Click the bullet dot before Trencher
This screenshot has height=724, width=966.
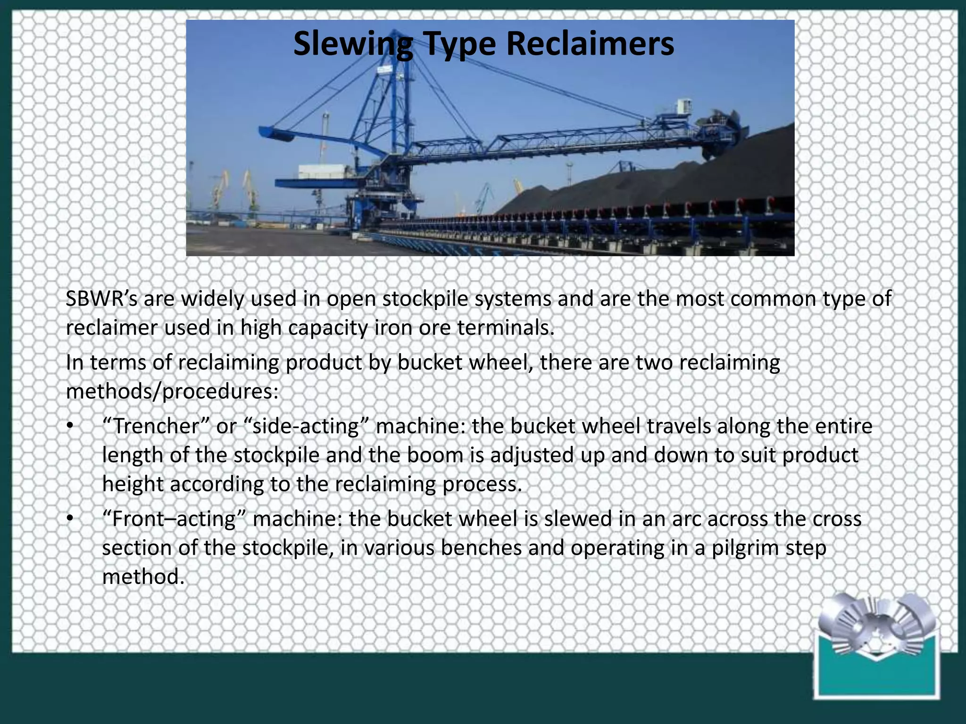click(70, 427)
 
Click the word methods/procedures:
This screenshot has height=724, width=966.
click(172, 392)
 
